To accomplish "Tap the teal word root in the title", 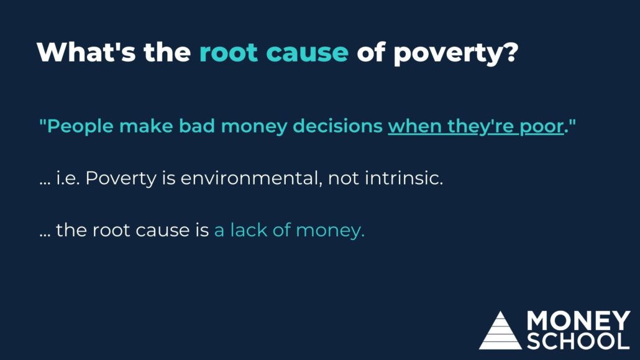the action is coord(229,52).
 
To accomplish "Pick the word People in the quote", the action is coord(80,126).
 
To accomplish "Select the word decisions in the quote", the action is coord(337,126).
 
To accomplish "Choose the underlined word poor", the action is coord(542,127).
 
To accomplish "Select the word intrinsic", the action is coord(404,178).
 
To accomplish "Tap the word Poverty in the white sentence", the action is coord(121,179).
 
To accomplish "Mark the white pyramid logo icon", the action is coord(500,331).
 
